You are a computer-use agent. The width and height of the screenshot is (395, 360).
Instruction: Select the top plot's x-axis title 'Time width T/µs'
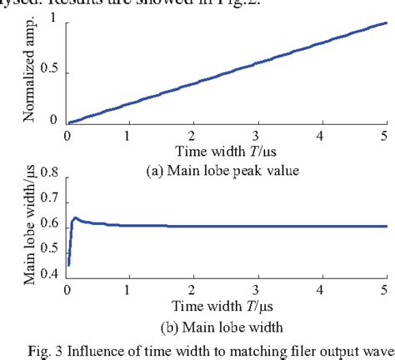(225, 151)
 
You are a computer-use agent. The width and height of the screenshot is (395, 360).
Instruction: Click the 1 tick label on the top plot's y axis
(55, 22)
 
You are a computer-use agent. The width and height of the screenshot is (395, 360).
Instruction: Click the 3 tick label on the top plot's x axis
(257, 135)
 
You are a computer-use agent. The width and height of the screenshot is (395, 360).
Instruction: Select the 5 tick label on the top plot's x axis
(384, 135)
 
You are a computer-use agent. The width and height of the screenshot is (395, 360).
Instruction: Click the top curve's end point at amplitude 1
(383, 23)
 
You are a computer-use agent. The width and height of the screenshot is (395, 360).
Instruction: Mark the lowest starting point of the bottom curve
(68, 264)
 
